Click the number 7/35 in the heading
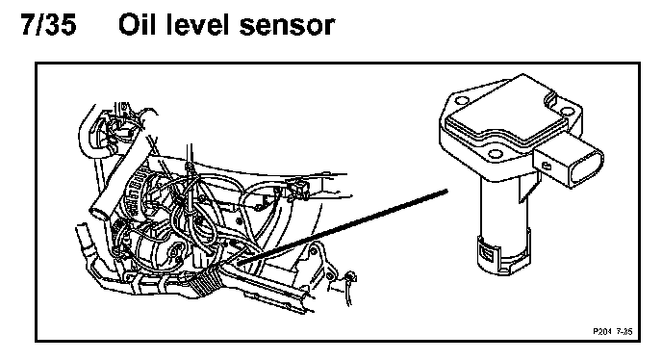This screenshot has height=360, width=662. tap(49, 24)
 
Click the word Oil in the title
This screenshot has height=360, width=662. tap(137, 24)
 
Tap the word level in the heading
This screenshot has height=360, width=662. tap(197, 24)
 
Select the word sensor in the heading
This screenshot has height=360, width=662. tap(287, 26)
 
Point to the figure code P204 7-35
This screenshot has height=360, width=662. tap(613, 332)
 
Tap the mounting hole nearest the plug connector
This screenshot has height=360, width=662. tap(568, 113)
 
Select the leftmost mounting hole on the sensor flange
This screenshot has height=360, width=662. tap(463, 101)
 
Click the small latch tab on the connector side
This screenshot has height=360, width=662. tap(546, 166)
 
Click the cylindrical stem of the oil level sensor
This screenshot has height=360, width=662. tap(503, 216)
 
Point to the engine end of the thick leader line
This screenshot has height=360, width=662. tap(240, 263)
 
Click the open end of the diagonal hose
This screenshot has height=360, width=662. tap(98, 210)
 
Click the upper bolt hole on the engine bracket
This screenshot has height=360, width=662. tap(313, 252)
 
